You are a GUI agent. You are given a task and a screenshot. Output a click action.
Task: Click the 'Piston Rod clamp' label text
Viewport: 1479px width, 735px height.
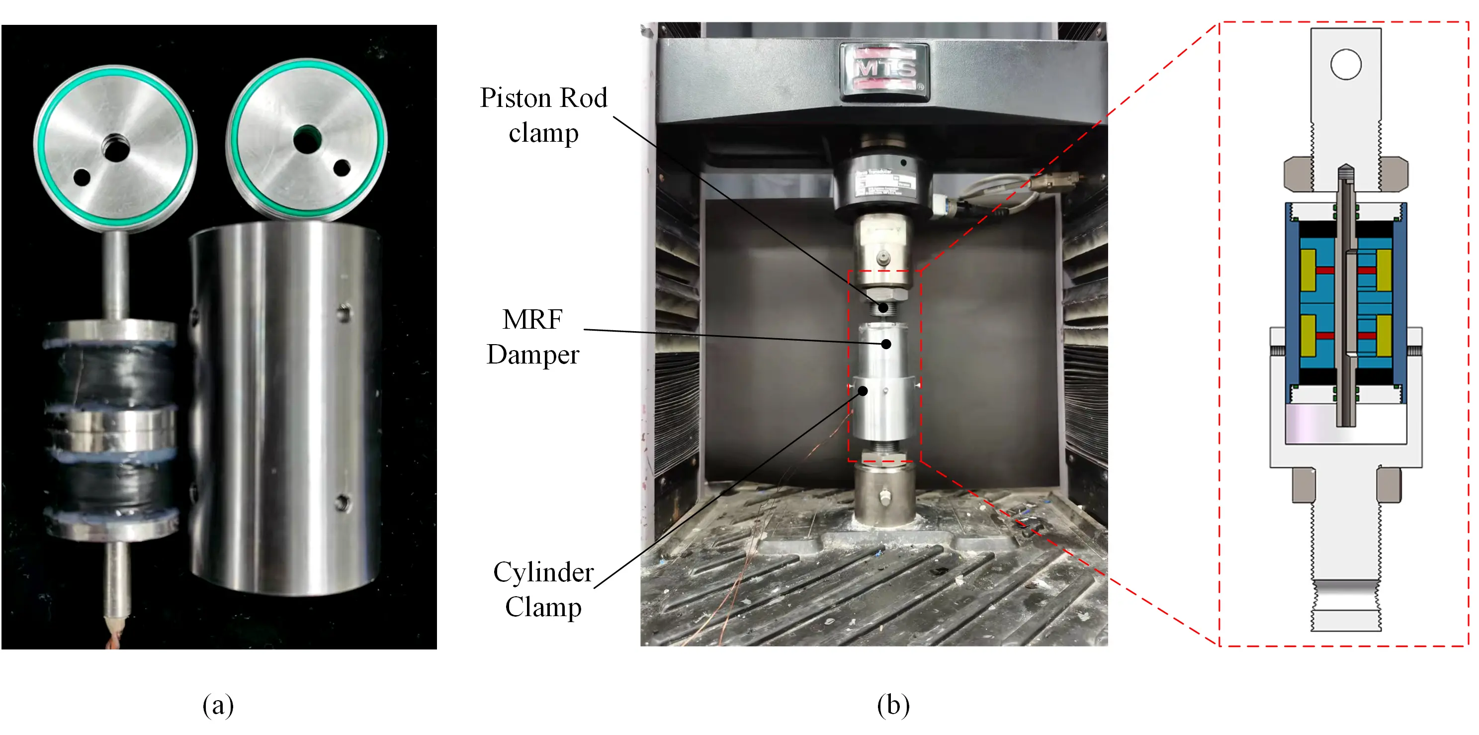(x=543, y=115)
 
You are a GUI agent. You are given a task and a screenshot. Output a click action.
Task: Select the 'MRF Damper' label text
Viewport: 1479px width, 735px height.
(x=532, y=337)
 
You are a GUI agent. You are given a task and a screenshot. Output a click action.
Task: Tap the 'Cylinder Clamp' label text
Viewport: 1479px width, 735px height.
(x=543, y=589)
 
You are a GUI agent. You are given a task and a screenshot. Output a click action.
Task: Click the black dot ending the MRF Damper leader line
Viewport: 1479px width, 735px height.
(x=886, y=344)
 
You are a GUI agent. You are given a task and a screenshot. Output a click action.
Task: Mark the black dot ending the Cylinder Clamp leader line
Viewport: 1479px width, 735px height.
(x=863, y=391)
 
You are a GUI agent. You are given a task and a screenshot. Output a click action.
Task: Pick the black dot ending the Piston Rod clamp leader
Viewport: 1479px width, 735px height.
(x=883, y=308)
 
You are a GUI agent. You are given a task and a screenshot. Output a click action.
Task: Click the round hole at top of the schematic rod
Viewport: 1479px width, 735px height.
(x=1345, y=64)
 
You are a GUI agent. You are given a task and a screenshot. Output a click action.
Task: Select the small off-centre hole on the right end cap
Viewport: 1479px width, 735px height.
(x=342, y=168)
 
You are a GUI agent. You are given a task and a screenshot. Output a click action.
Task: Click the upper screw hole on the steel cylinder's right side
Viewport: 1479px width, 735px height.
(x=344, y=313)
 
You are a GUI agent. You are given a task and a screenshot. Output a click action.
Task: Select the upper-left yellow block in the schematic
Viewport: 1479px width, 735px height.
(x=1308, y=270)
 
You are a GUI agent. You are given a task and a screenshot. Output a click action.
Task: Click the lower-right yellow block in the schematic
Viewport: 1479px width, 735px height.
(x=1384, y=336)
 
